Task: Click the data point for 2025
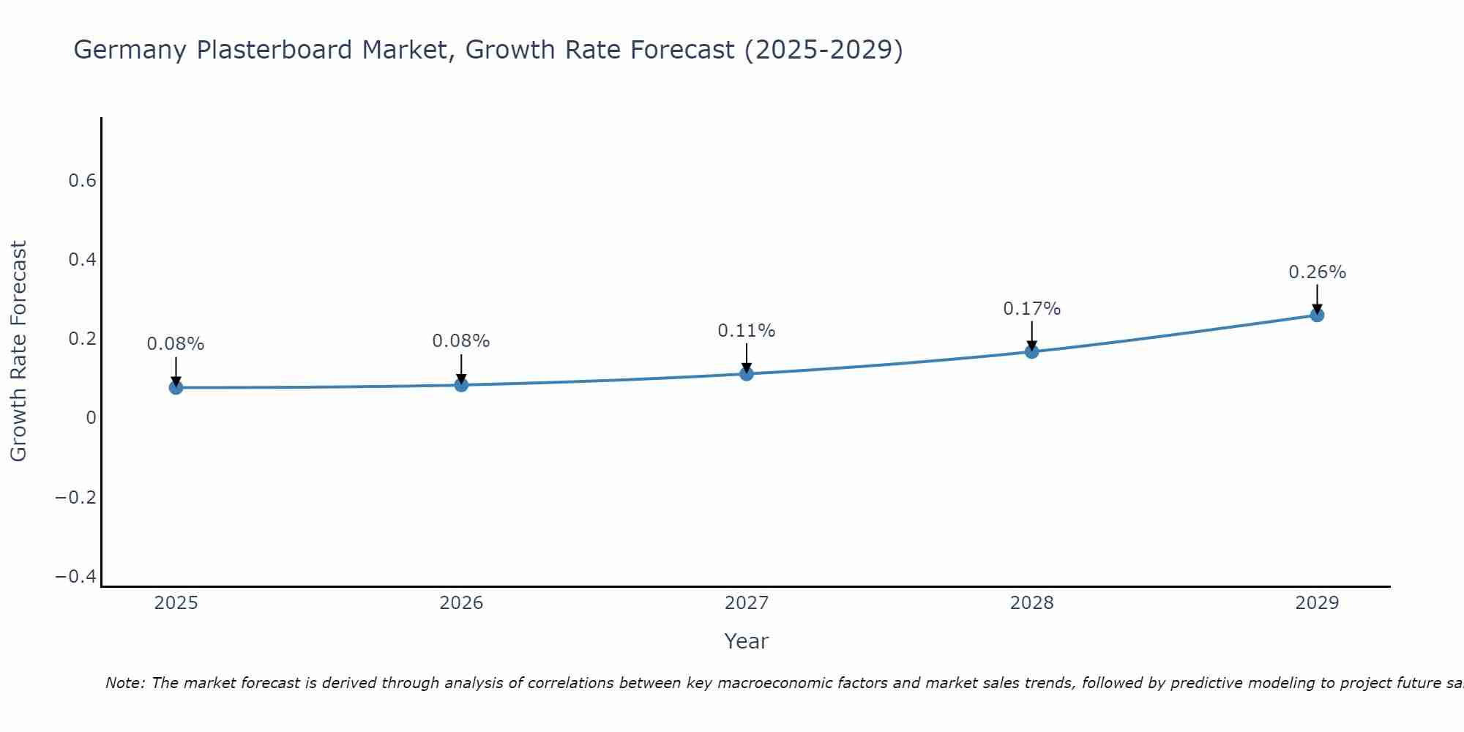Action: (x=176, y=387)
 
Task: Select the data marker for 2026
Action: (x=461, y=384)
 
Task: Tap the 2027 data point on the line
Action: (x=747, y=374)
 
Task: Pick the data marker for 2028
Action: (x=1031, y=351)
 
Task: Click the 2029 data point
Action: (x=1317, y=315)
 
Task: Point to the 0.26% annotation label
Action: (x=1317, y=272)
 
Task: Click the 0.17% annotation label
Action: (x=1031, y=309)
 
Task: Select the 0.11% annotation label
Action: (x=746, y=331)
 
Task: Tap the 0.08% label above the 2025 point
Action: (x=176, y=344)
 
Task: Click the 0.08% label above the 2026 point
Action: (x=461, y=341)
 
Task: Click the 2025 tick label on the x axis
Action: (x=176, y=603)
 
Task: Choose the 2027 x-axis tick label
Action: (x=746, y=603)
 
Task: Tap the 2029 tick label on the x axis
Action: (x=1317, y=603)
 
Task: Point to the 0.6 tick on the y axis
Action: (x=83, y=181)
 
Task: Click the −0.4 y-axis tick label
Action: (x=76, y=577)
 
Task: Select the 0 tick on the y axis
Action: (x=91, y=418)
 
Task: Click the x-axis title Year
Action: (x=746, y=641)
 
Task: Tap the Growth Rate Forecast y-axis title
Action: (x=19, y=351)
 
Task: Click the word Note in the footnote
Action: (x=124, y=683)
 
